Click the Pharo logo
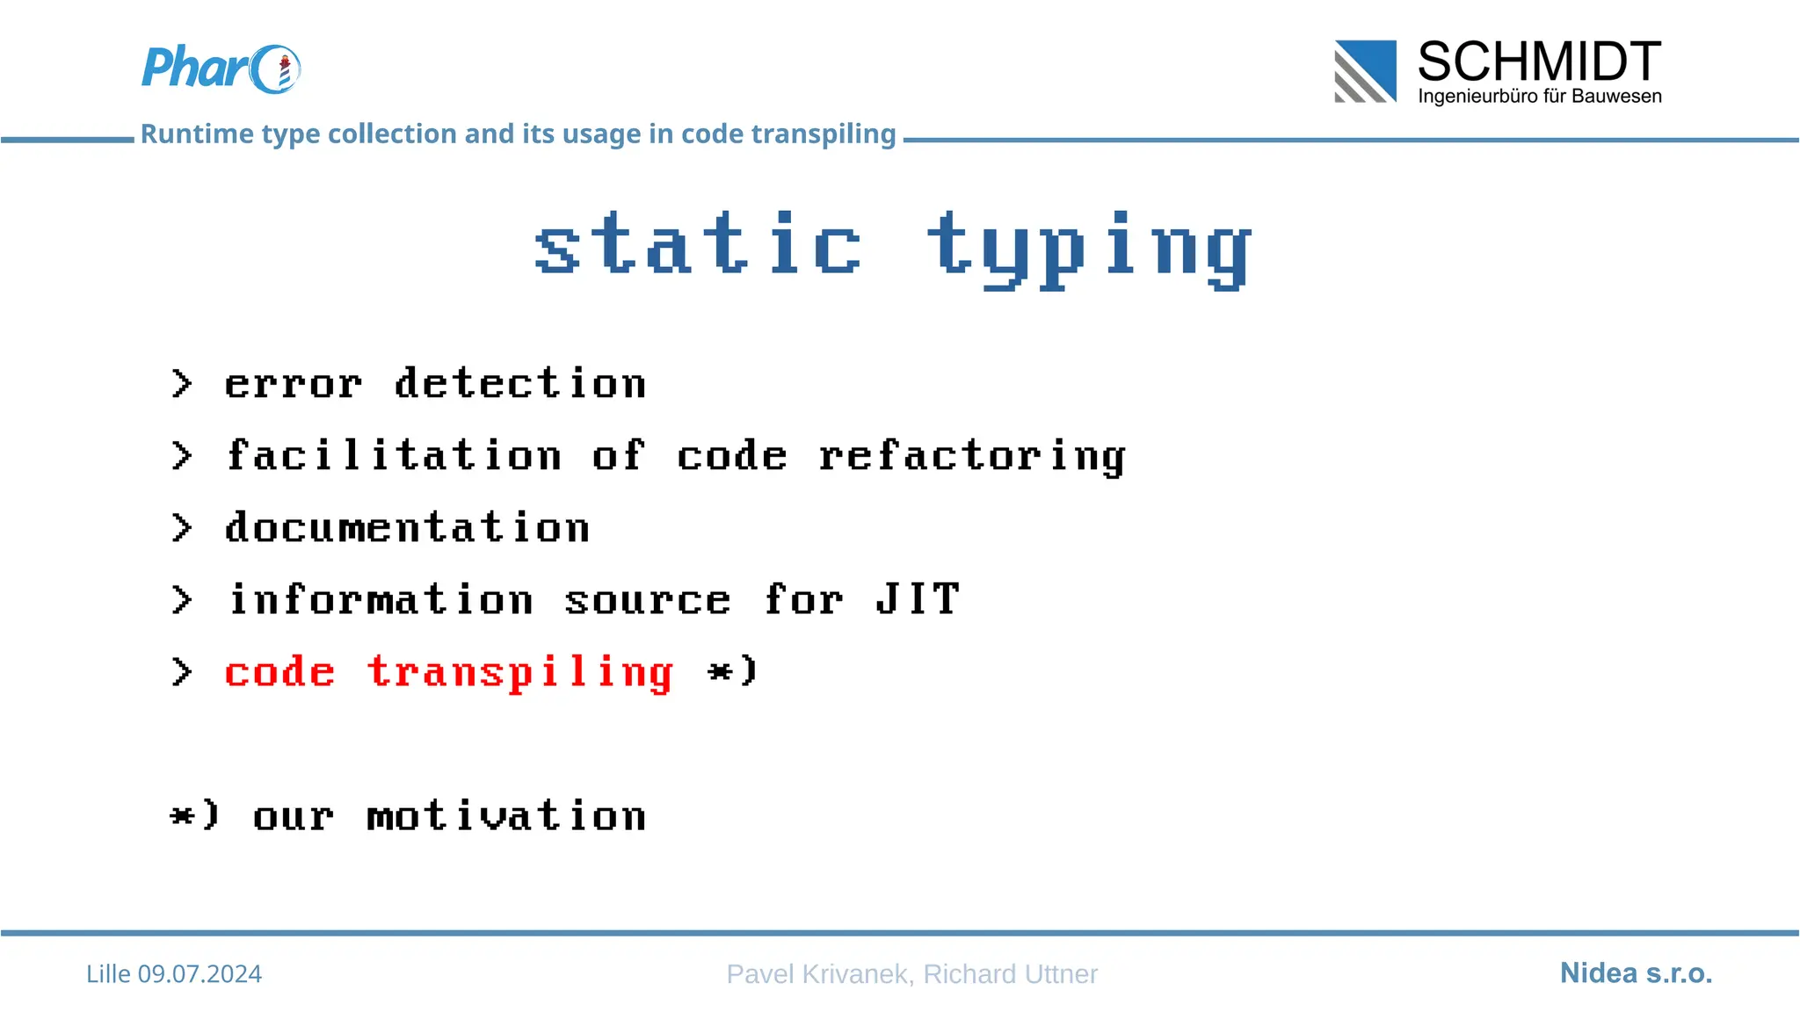[220, 69]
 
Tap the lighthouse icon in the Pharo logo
[284, 71]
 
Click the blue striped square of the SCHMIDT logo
[1365, 71]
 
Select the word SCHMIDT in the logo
[1539, 61]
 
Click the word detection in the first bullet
[519, 384]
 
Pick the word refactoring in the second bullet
[971, 457]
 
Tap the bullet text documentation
[407, 528]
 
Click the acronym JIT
[917, 600]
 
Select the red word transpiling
[520, 674]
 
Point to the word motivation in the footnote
[506, 816]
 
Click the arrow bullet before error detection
[181, 384]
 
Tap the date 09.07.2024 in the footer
[200, 974]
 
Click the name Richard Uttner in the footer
[1010, 974]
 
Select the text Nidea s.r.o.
[1636, 973]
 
